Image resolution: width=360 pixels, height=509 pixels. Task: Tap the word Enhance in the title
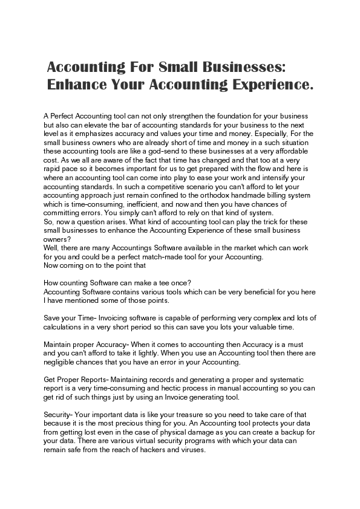click(x=80, y=85)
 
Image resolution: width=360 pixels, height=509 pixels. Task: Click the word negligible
click(x=62, y=363)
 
